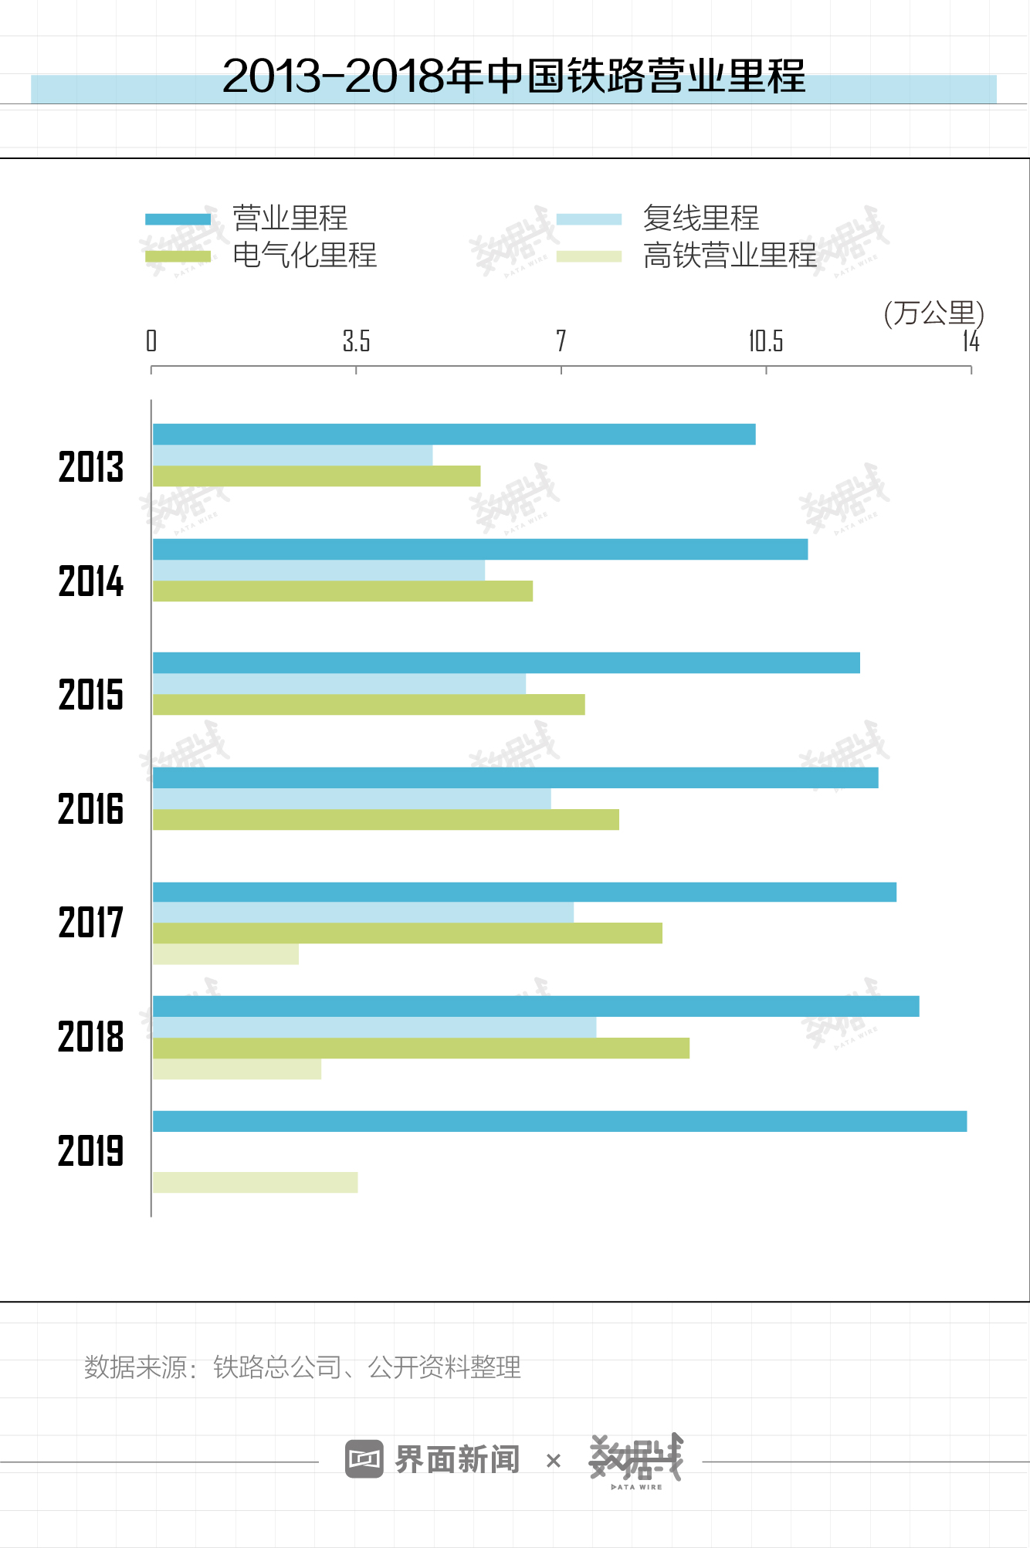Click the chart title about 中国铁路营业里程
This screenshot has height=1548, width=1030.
(x=513, y=76)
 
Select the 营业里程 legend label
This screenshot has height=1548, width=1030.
(x=290, y=218)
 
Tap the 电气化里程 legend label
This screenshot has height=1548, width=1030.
(x=304, y=256)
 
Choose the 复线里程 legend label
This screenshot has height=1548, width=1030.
(x=700, y=218)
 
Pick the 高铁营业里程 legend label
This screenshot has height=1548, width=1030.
(x=730, y=256)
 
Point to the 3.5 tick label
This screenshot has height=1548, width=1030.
(x=356, y=340)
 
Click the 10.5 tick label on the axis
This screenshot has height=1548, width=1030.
(x=765, y=340)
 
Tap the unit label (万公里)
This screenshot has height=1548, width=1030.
(x=933, y=313)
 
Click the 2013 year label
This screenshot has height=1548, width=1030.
(x=91, y=467)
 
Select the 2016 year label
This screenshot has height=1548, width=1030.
(x=91, y=809)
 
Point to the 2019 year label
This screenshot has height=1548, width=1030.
(x=91, y=1151)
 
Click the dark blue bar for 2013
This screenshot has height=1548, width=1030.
(x=454, y=435)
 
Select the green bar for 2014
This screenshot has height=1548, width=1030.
(x=343, y=591)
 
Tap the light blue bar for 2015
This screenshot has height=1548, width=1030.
(x=339, y=684)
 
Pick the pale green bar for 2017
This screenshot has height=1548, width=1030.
(x=225, y=955)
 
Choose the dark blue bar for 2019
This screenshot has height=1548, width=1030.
(x=560, y=1121)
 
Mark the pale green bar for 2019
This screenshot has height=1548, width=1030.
(x=255, y=1183)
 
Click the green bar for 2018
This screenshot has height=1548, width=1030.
(x=421, y=1048)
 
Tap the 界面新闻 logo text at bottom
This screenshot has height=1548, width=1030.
(x=456, y=1459)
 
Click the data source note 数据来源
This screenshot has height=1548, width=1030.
(x=302, y=1367)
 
